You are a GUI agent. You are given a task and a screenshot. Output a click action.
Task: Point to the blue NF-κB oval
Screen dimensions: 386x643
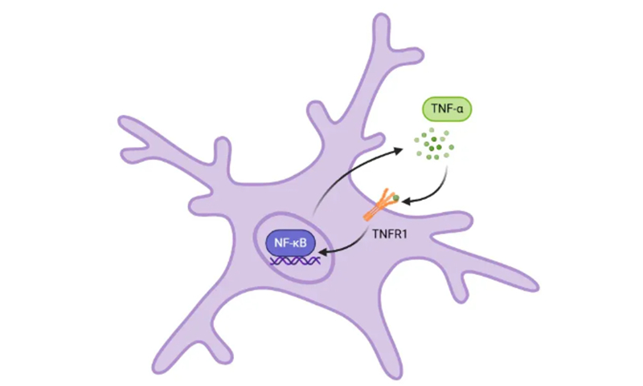[x=292, y=240]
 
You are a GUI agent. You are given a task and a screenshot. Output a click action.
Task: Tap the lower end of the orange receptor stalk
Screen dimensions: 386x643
[x=367, y=217]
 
